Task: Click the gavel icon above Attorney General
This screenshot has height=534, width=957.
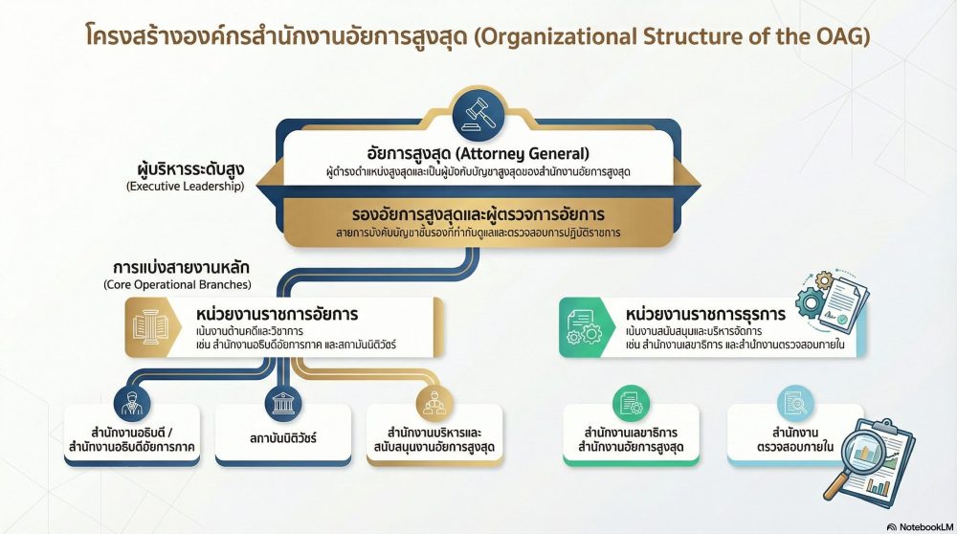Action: click(478, 114)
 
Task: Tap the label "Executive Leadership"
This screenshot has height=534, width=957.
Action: click(185, 187)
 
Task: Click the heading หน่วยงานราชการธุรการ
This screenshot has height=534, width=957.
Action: click(704, 314)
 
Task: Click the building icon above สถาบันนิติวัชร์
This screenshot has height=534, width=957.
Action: click(282, 402)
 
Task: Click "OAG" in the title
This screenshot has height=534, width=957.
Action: click(842, 39)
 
